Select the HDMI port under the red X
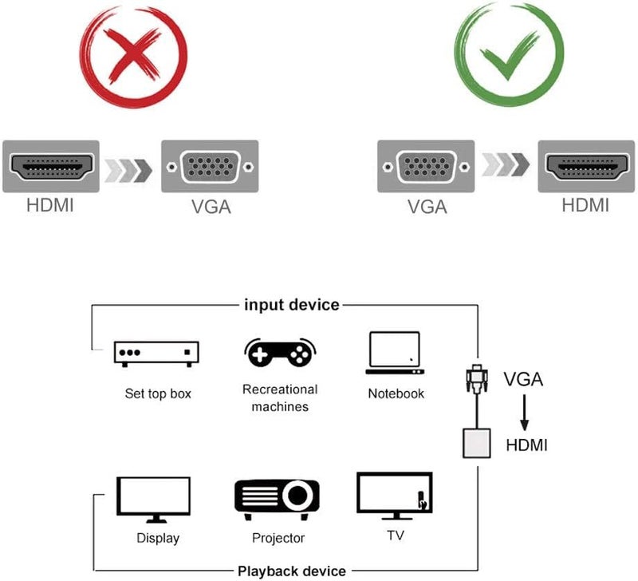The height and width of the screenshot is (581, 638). coord(51,167)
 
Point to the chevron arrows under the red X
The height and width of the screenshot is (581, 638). coord(130,168)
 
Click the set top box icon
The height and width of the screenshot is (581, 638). coord(156,353)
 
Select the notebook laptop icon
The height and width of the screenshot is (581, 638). coord(395,353)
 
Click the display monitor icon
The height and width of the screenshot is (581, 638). coord(153,500)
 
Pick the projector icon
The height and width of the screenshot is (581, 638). coord(277,498)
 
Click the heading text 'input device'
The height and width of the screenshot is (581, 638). coord(292,305)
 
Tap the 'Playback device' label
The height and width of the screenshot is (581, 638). coord(292,570)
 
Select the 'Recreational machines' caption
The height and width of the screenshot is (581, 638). coord(279,397)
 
